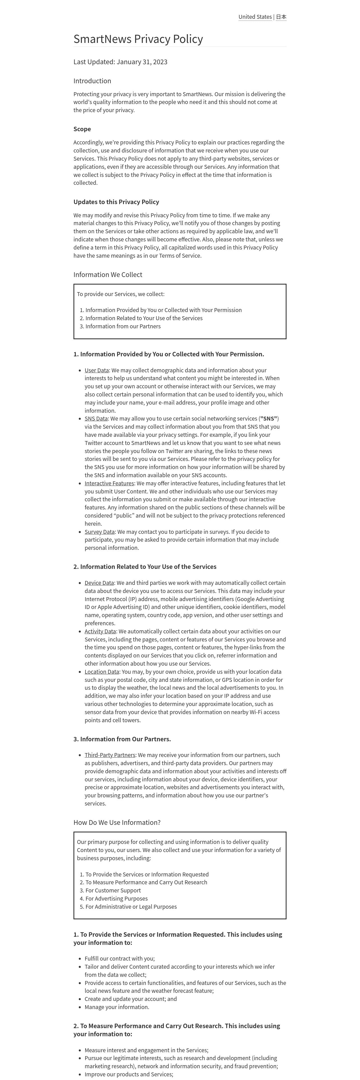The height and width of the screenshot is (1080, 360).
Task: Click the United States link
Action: [x=255, y=17]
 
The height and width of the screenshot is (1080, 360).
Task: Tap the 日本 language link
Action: [x=281, y=17]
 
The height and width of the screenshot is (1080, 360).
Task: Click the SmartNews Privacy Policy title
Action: [x=138, y=39]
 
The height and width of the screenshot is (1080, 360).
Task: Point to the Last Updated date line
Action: [x=120, y=62]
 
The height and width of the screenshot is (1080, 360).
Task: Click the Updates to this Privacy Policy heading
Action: [x=116, y=202]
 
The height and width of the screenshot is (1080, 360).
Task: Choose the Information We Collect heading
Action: [x=108, y=274]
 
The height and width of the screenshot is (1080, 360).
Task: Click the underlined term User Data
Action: [x=96, y=370]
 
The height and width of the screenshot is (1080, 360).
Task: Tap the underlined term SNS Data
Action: [x=96, y=418]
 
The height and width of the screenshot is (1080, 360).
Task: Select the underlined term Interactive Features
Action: [x=109, y=483]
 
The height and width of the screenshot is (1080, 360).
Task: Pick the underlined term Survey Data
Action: [x=99, y=532]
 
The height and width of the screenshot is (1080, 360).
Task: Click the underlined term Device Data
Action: [x=99, y=583]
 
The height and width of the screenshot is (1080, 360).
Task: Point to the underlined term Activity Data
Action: [x=100, y=631]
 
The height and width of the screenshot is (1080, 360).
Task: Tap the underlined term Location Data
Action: [x=102, y=672]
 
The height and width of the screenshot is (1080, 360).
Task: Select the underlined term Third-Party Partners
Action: [x=110, y=755]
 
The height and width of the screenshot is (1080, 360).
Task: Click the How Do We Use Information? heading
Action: [x=117, y=822]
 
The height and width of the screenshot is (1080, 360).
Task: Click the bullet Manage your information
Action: [x=117, y=1007]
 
